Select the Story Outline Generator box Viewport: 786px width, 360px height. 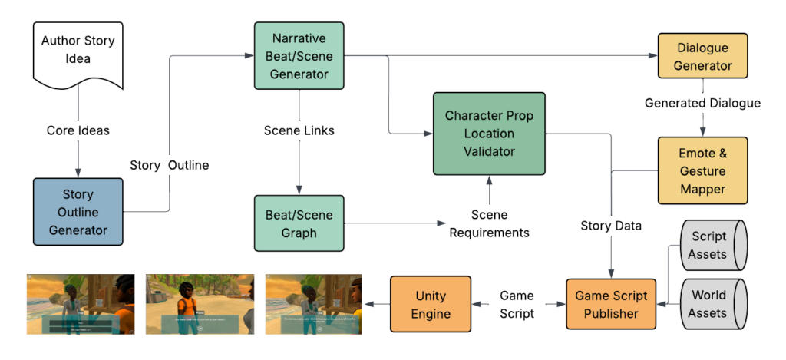point(78,211)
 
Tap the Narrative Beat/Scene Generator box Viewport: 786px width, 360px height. point(299,55)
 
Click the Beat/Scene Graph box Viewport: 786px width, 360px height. point(299,223)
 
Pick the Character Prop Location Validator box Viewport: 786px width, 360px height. point(489,134)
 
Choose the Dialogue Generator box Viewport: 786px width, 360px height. point(703,56)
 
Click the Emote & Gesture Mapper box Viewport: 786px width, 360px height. point(702,170)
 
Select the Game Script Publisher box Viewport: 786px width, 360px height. point(611,305)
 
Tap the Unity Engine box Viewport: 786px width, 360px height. point(431,305)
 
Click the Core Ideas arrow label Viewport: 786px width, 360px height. point(78,130)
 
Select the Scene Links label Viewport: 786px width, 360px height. point(299,130)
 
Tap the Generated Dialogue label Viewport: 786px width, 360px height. point(702,103)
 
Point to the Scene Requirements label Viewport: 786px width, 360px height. point(489,223)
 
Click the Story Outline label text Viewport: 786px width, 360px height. point(169,165)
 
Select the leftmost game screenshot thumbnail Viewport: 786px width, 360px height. point(81,304)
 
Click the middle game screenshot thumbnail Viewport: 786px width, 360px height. point(200,304)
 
